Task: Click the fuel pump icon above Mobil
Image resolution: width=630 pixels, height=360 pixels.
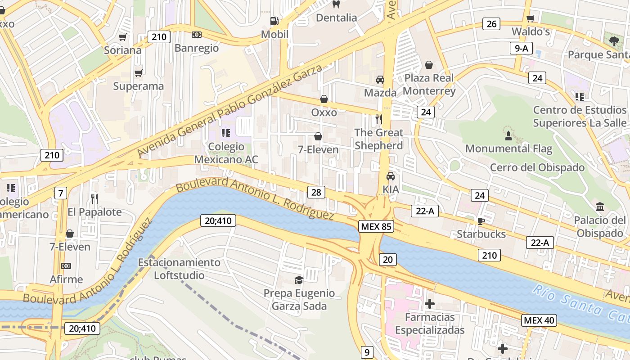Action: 274,21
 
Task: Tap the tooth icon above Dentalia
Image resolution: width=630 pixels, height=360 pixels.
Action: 335,4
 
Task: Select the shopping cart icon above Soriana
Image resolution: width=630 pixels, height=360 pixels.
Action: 122,37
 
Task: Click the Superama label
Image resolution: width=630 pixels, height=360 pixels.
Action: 138,86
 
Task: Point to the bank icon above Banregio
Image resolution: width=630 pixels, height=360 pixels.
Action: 197,35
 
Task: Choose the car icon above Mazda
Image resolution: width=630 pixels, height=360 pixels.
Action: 380,80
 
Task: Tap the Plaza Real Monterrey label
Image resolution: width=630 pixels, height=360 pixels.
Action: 429,84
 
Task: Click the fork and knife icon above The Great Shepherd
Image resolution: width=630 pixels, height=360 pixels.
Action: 378,119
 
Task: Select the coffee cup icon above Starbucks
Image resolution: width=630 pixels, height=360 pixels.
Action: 481,221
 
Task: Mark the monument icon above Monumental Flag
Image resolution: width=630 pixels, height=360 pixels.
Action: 508,135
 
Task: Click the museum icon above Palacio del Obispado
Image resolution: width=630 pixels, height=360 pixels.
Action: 600,207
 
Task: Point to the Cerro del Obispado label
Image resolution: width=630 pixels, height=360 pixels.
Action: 537,168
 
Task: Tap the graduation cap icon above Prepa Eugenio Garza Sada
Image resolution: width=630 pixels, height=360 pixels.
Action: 299,280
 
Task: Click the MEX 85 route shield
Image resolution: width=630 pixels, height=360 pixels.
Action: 376,226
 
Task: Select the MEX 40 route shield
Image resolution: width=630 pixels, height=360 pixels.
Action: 539,320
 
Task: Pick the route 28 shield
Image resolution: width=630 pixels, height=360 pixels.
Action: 316,193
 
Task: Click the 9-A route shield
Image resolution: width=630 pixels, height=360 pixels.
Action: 521,49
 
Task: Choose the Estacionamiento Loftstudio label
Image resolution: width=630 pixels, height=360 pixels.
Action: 179,269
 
